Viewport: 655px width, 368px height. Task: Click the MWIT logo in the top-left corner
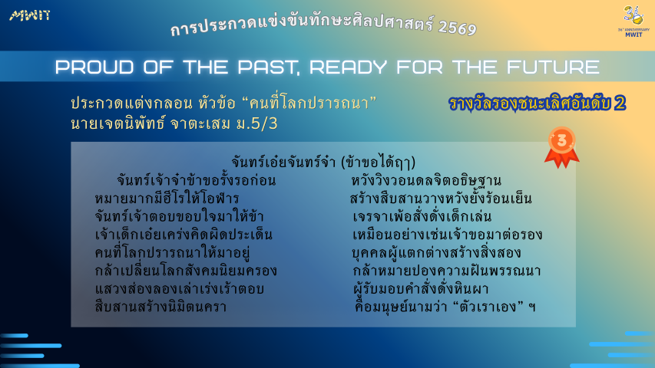(30, 15)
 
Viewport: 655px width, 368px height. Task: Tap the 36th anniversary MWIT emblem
(633, 21)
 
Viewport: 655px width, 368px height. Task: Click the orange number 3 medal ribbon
(562, 147)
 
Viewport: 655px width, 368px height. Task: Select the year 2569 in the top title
(458, 28)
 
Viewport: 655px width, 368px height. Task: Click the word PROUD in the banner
(94, 67)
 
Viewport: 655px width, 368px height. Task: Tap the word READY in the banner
(348, 67)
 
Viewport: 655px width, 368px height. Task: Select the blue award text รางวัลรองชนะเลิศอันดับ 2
(538, 103)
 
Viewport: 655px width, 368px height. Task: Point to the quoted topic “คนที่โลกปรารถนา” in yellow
(309, 103)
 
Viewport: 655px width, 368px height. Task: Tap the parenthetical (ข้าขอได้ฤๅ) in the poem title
(378, 163)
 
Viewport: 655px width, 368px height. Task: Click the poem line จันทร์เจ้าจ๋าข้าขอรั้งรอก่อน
(196, 180)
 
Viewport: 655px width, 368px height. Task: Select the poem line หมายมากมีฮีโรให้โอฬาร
(167, 199)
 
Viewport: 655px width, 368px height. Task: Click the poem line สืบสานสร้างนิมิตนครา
(160, 307)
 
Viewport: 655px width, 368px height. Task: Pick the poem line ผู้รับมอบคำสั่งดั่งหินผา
(421, 289)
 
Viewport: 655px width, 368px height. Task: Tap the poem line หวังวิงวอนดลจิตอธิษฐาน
(426, 180)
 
